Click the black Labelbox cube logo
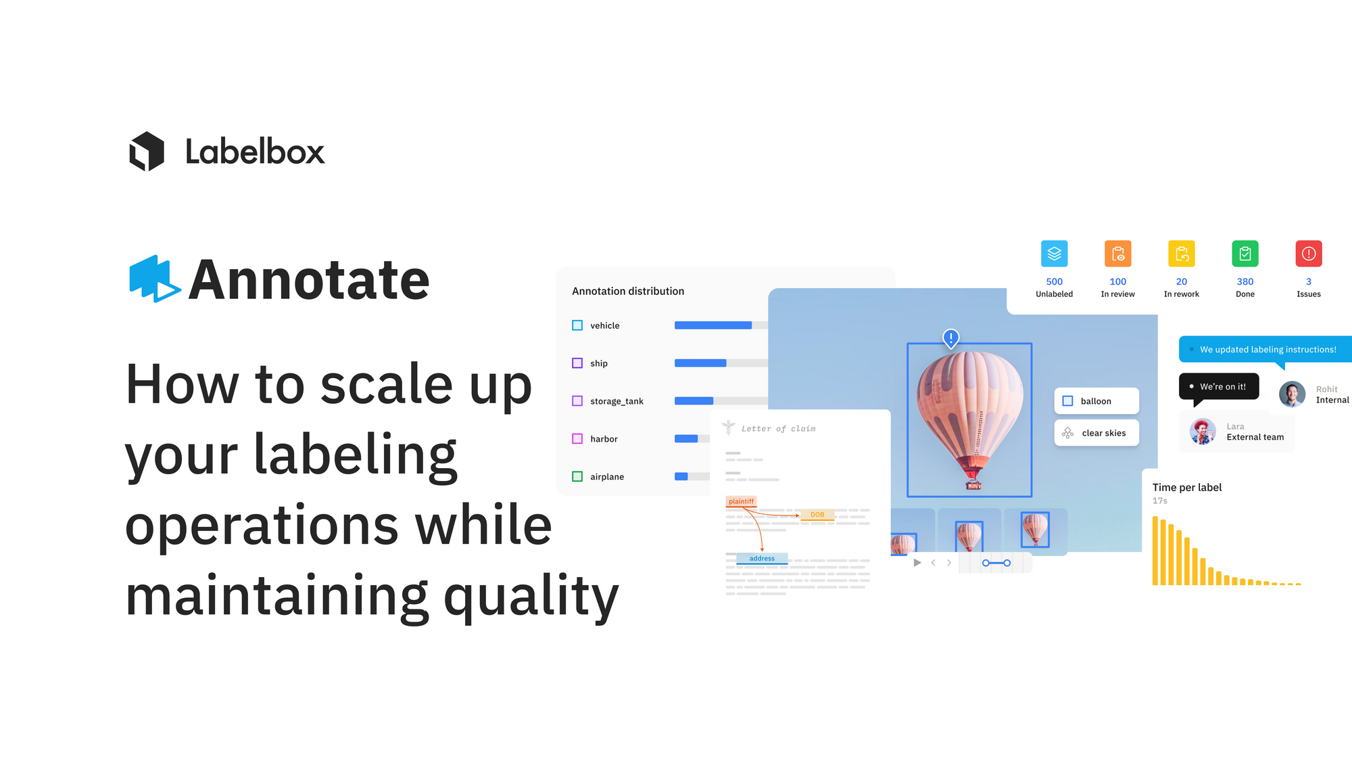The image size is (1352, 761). point(147,151)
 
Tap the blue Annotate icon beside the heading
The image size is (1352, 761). point(155,279)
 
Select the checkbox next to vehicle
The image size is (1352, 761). point(577,325)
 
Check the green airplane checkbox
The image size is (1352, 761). point(577,476)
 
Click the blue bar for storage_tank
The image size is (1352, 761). point(694,400)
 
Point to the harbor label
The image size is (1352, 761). point(604,439)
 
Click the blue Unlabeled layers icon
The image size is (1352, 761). point(1054,254)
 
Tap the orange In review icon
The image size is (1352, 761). point(1117,254)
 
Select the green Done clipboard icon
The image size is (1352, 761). point(1245,254)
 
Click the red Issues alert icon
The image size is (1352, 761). point(1308,254)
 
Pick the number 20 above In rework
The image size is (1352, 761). point(1181,281)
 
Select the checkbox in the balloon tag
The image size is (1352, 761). point(1067,401)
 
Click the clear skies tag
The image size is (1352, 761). point(1096,433)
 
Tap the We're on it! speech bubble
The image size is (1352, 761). point(1219,387)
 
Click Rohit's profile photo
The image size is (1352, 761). point(1292,394)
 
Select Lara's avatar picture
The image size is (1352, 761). point(1203,432)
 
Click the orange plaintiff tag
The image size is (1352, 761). point(741,501)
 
